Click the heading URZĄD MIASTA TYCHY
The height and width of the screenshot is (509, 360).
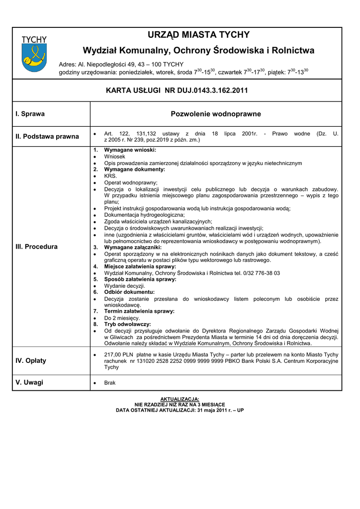tap(198, 35)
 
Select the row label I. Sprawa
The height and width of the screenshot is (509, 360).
tap(30, 114)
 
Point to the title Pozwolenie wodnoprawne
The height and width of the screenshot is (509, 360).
tap(215, 114)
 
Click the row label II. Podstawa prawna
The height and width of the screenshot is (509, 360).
tap(47, 137)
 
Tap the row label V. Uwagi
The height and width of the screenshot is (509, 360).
tap(29, 382)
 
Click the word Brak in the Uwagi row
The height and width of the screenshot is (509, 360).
tap(110, 383)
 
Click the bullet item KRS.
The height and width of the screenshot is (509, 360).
tap(110, 176)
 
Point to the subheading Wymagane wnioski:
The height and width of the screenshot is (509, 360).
tap(130, 150)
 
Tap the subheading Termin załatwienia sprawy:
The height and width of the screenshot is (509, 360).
tap(139, 311)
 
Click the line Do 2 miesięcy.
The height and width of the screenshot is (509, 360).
tap(122, 318)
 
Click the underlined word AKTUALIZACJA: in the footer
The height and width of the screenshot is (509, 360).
tap(180, 399)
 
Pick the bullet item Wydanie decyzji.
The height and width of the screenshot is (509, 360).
tap(124, 286)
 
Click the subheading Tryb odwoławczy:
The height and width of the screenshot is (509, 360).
tap(127, 324)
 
